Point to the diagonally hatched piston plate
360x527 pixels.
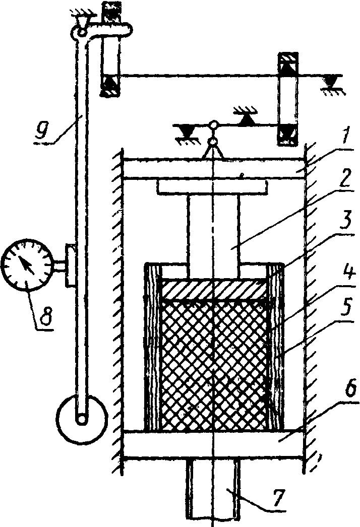[x=214, y=289]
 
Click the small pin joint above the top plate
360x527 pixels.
[x=214, y=125]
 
